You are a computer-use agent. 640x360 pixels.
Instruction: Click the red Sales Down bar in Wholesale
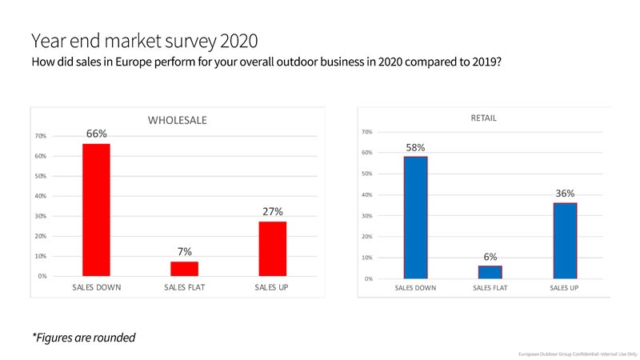(x=97, y=210)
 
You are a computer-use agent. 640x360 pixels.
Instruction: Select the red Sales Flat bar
(x=184, y=268)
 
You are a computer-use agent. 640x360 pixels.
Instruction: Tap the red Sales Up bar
(x=272, y=248)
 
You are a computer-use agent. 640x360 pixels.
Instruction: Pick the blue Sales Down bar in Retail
(x=416, y=218)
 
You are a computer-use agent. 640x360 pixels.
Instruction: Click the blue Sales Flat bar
(x=490, y=272)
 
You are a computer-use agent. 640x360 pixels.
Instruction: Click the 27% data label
(x=272, y=211)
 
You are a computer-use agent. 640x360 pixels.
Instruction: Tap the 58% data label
(x=415, y=147)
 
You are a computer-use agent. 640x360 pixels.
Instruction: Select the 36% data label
(x=565, y=193)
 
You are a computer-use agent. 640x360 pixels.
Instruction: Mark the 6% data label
(x=490, y=257)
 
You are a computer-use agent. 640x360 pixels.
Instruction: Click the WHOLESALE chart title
(x=177, y=120)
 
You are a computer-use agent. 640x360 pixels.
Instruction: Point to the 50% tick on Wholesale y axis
(x=40, y=176)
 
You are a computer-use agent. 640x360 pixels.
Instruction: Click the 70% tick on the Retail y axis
(x=367, y=132)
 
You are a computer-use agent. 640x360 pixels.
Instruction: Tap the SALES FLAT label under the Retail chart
(x=490, y=287)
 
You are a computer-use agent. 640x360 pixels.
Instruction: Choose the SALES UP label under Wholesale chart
(x=272, y=286)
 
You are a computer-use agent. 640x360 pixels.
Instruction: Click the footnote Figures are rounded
(x=83, y=337)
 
